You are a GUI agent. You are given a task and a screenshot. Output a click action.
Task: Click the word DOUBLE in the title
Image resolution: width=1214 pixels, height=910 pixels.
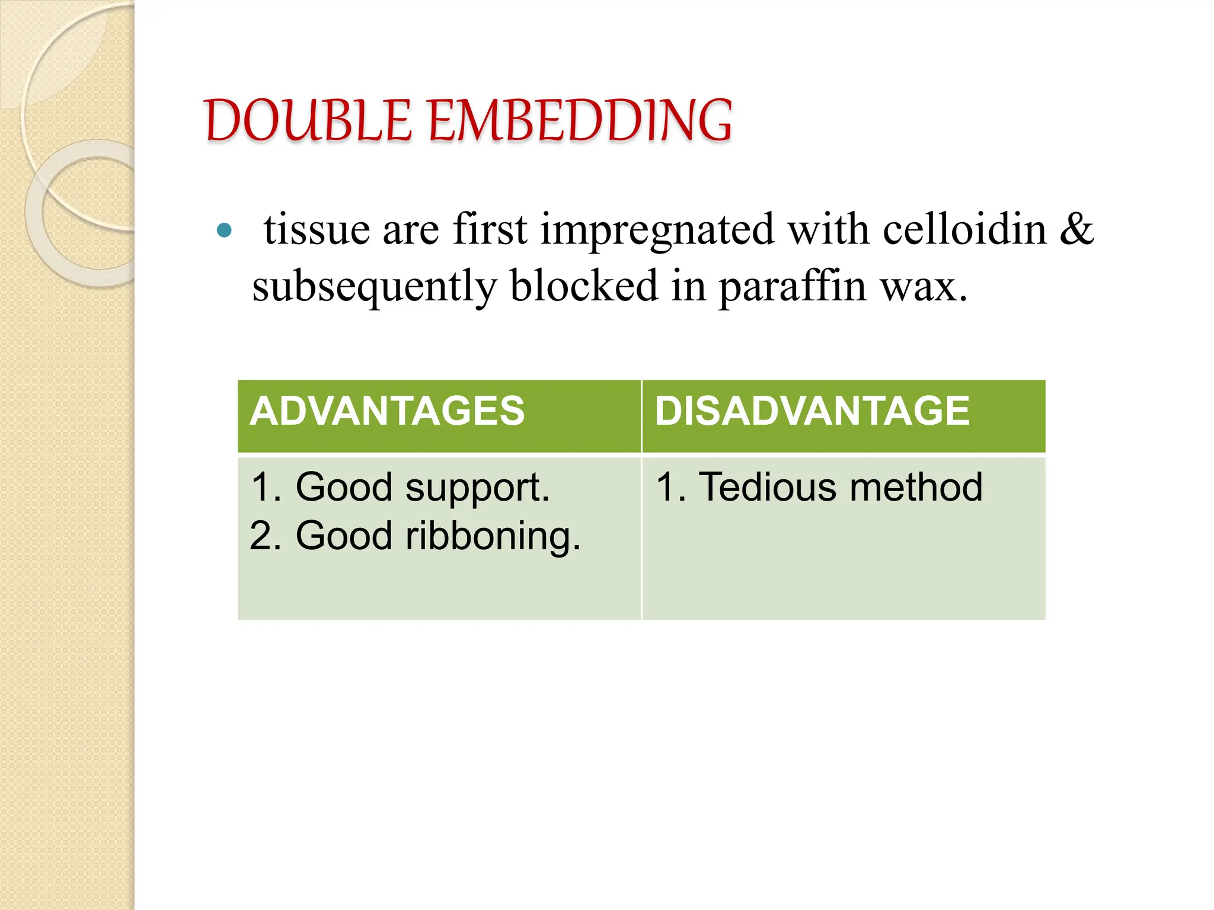coord(308,121)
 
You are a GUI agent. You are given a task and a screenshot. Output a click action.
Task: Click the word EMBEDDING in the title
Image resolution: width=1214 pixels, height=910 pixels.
coord(580,121)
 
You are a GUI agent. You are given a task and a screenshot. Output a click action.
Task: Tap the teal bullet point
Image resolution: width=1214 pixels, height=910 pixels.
coord(224,230)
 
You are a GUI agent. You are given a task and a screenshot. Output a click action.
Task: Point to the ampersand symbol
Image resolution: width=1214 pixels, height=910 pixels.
coord(1076,229)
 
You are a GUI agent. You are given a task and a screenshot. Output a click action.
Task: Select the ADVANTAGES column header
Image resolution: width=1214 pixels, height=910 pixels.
coord(387,411)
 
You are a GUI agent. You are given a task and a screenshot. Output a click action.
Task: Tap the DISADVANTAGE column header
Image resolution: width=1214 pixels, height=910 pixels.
coord(812,411)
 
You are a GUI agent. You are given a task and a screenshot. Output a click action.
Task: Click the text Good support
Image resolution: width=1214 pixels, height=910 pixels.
coord(423,488)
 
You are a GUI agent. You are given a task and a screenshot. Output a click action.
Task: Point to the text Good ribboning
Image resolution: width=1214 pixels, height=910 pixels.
coord(438,536)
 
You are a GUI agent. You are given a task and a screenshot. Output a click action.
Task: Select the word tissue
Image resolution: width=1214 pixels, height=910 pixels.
coord(317,229)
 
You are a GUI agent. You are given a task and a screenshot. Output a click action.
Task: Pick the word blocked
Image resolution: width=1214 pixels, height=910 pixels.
coord(584,286)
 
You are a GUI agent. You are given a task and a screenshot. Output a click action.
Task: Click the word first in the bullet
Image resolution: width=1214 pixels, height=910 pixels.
coord(490,229)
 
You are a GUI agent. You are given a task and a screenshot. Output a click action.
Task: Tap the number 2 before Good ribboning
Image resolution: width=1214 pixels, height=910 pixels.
coord(261,536)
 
